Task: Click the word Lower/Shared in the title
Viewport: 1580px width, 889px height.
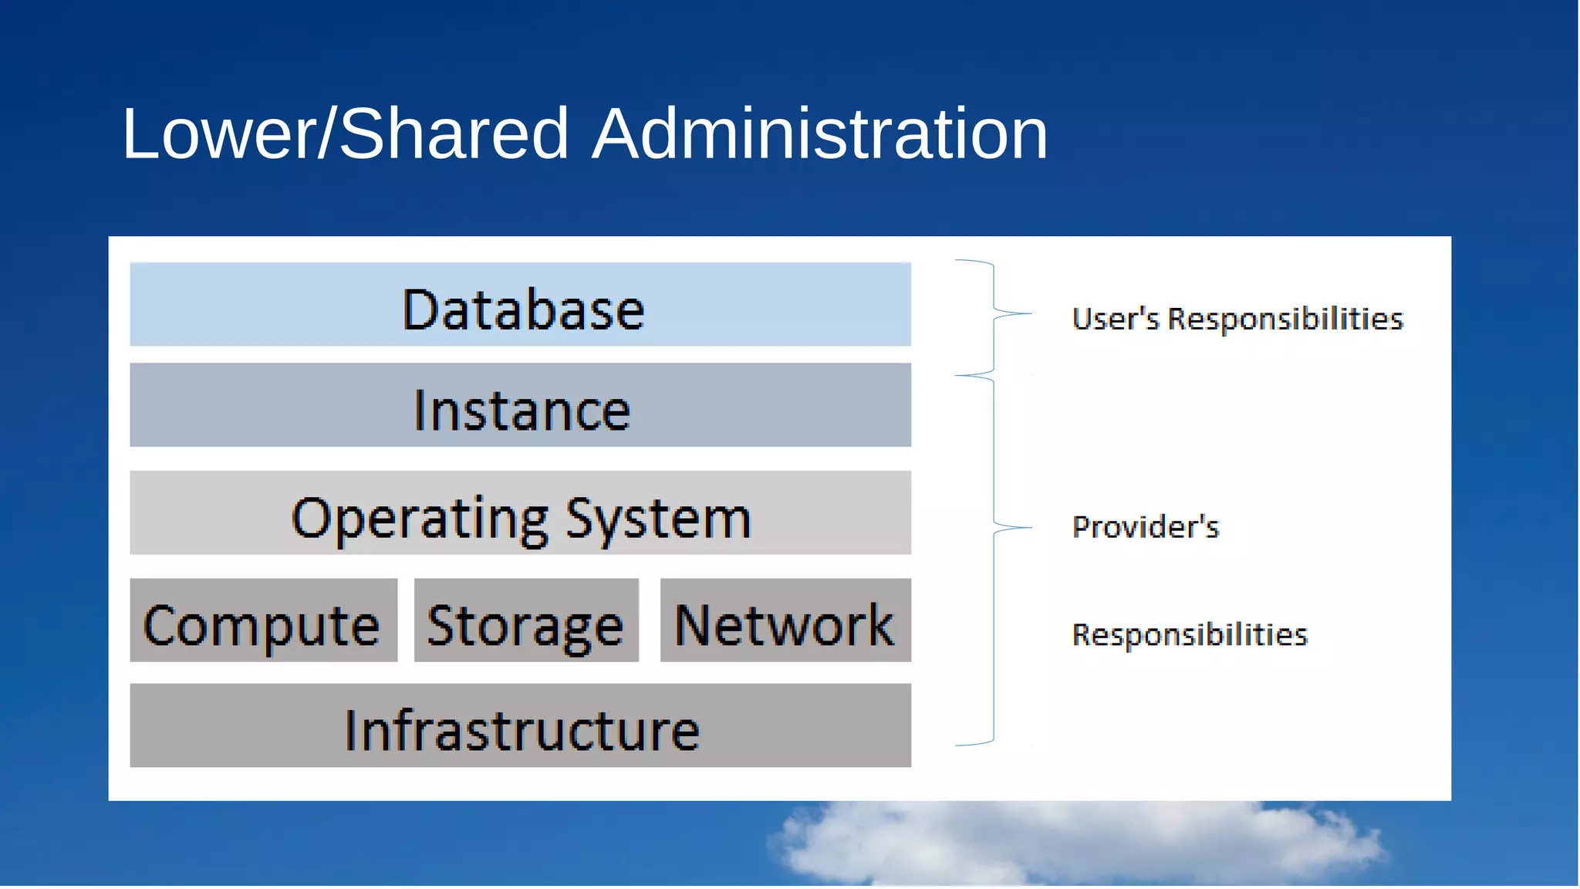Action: point(345,134)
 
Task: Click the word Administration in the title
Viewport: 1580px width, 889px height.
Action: point(819,134)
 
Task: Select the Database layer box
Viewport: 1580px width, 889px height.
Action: point(520,304)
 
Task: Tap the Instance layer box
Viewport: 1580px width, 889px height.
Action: point(520,405)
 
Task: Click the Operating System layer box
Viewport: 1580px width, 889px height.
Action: point(520,513)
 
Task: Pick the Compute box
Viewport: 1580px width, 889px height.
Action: point(263,620)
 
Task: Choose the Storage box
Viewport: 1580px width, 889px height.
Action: point(526,620)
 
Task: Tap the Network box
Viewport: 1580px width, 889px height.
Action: point(785,620)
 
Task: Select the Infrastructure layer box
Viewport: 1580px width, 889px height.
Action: point(520,725)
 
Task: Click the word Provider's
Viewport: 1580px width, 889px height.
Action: point(1146,527)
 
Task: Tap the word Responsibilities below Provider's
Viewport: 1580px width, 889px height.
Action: point(1190,635)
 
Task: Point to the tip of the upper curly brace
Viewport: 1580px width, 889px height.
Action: point(1030,313)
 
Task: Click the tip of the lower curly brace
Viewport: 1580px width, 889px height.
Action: point(1030,528)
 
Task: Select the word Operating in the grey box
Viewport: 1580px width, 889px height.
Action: point(420,519)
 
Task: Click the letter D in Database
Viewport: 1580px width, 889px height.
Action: point(420,310)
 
